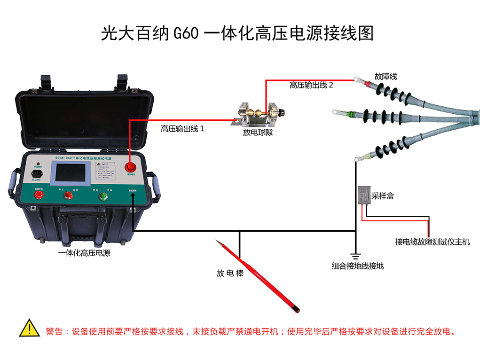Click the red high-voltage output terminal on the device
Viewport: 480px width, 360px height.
pos(130,167)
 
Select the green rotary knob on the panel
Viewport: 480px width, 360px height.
pos(102,196)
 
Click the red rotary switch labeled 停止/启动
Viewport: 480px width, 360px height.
pos(68,195)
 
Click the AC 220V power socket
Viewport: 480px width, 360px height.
pos(37,173)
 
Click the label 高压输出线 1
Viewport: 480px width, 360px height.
pos(182,128)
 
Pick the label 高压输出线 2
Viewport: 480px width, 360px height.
pos(311,85)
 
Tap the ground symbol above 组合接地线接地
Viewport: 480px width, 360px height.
pos(355,256)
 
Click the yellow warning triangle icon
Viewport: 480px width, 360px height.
pos(29,329)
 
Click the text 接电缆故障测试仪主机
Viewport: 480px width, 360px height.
pos(432,242)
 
